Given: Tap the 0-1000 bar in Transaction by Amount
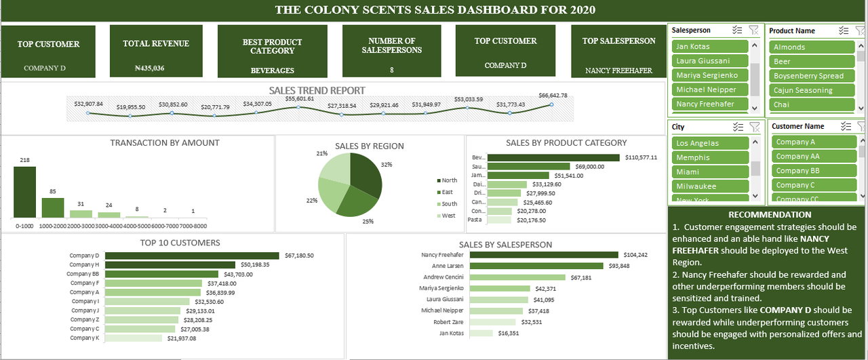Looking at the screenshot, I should tap(24, 192).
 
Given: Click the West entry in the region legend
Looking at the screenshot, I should tap(448, 216).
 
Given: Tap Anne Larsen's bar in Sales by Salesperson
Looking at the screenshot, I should tap(537, 266).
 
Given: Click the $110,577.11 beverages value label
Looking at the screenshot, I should tap(640, 157).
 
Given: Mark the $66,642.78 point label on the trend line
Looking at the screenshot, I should tap(553, 96).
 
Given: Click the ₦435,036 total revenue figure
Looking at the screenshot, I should tap(149, 68).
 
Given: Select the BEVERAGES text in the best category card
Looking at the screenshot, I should tap(272, 70).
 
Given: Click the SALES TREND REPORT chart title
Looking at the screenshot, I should tap(317, 90).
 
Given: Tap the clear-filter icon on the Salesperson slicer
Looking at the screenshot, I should tap(754, 30).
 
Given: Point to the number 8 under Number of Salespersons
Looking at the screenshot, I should tap(391, 69).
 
